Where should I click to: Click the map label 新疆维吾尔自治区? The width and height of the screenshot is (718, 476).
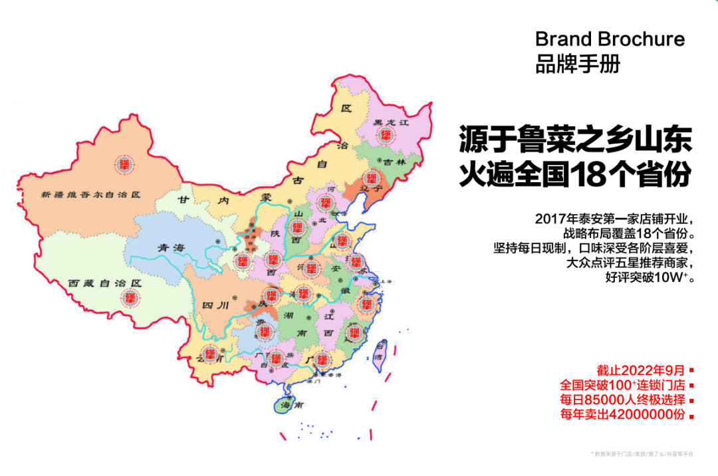pos(90,195)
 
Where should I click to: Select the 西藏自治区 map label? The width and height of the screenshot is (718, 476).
pos(106,283)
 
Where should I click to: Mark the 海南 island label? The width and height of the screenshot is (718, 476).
pos(287,404)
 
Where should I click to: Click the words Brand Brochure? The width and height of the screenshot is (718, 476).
pos(610,39)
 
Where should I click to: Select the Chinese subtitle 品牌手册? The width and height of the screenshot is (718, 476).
pos(578,64)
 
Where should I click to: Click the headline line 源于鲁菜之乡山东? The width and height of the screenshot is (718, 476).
pos(575,141)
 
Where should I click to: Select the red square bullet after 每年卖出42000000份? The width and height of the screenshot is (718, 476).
pos(692,416)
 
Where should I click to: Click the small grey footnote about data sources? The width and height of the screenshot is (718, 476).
pos(642,454)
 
